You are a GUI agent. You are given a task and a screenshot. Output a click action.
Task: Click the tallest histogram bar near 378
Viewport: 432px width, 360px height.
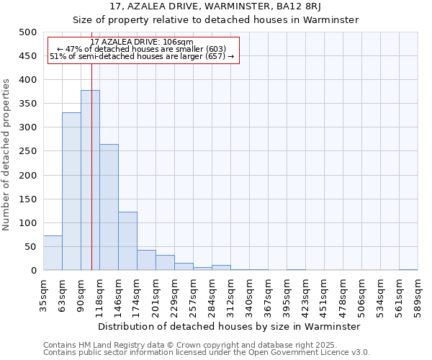[90, 180]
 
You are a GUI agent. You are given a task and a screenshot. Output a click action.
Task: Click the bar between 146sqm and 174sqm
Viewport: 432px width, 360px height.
[127, 241]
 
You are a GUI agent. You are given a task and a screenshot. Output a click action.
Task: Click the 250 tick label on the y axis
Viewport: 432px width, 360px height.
[27, 151]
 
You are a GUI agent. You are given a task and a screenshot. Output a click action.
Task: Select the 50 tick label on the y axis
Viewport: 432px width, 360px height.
[30, 247]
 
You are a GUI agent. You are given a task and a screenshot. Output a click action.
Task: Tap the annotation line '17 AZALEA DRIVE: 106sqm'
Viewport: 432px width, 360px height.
[142, 42]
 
